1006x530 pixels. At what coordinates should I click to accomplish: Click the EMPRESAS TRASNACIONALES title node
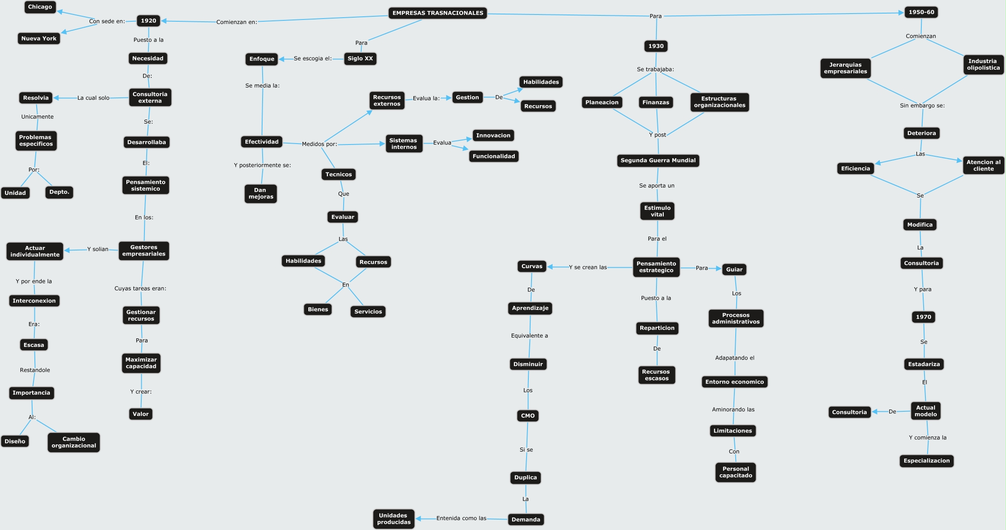point(437,13)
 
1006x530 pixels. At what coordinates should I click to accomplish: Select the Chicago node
point(40,7)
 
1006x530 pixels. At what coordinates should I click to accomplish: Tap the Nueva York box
point(39,39)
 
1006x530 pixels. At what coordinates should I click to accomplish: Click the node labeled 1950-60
point(921,12)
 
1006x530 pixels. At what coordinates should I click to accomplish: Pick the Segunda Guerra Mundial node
point(658,160)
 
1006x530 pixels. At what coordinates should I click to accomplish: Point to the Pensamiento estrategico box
point(656,267)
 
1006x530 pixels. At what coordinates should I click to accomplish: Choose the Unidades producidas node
point(393,519)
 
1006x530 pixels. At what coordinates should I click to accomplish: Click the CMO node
point(527,415)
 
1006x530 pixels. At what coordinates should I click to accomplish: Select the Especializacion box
point(926,461)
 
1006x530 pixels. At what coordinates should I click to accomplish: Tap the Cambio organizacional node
point(74,442)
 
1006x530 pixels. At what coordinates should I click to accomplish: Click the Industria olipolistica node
point(983,64)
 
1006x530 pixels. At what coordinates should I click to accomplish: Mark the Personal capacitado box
point(735,472)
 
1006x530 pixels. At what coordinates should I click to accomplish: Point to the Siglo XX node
point(360,58)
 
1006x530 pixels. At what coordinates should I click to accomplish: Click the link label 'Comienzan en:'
point(236,22)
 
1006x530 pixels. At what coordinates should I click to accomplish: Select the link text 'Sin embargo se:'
point(922,106)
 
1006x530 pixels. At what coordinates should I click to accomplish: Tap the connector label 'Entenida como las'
point(461,518)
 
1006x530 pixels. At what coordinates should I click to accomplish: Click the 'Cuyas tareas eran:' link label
point(140,289)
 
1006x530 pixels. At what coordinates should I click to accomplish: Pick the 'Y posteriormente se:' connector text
point(262,165)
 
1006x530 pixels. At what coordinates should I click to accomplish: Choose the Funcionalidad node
point(493,156)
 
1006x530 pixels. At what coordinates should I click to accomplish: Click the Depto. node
point(59,192)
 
